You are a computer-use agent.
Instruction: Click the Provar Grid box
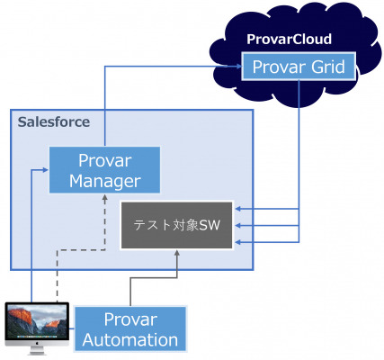click(x=299, y=67)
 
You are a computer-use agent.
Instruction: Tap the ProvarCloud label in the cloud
click(x=289, y=39)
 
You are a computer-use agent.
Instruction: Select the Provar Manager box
click(x=104, y=170)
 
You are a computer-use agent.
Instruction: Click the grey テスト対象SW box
click(x=176, y=225)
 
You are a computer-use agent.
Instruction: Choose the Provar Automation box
click(x=130, y=328)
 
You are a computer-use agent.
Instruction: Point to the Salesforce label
click(x=54, y=121)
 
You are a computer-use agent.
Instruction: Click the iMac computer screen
click(x=37, y=321)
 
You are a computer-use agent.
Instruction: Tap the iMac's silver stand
click(x=37, y=350)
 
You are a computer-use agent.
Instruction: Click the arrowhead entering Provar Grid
click(x=238, y=67)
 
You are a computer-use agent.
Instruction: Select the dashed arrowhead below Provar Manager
click(x=105, y=197)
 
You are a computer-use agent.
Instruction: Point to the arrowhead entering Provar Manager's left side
click(x=46, y=170)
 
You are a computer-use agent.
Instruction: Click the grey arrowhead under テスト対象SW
click(x=177, y=253)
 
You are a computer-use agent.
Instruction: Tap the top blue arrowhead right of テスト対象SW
click(x=238, y=209)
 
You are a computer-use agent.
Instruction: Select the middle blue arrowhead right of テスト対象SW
click(x=238, y=225)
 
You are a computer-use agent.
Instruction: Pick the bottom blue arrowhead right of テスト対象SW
click(x=238, y=242)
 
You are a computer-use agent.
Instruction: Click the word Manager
click(x=105, y=181)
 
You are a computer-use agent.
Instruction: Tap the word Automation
click(x=130, y=340)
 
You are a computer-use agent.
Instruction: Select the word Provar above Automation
click(x=130, y=319)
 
